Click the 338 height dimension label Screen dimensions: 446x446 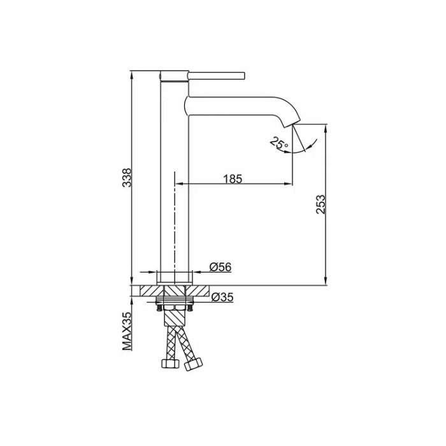click(x=127, y=178)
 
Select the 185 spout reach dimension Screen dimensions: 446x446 click(x=233, y=179)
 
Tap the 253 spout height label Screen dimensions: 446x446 click(x=320, y=205)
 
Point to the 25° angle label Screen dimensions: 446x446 click(x=279, y=143)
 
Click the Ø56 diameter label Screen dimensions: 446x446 click(x=220, y=267)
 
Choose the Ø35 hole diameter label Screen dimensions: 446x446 click(x=222, y=298)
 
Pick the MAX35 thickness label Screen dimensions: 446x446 click(x=127, y=331)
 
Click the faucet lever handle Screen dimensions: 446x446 click(x=216, y=76)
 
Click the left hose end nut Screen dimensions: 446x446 click(x=169, y=363)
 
